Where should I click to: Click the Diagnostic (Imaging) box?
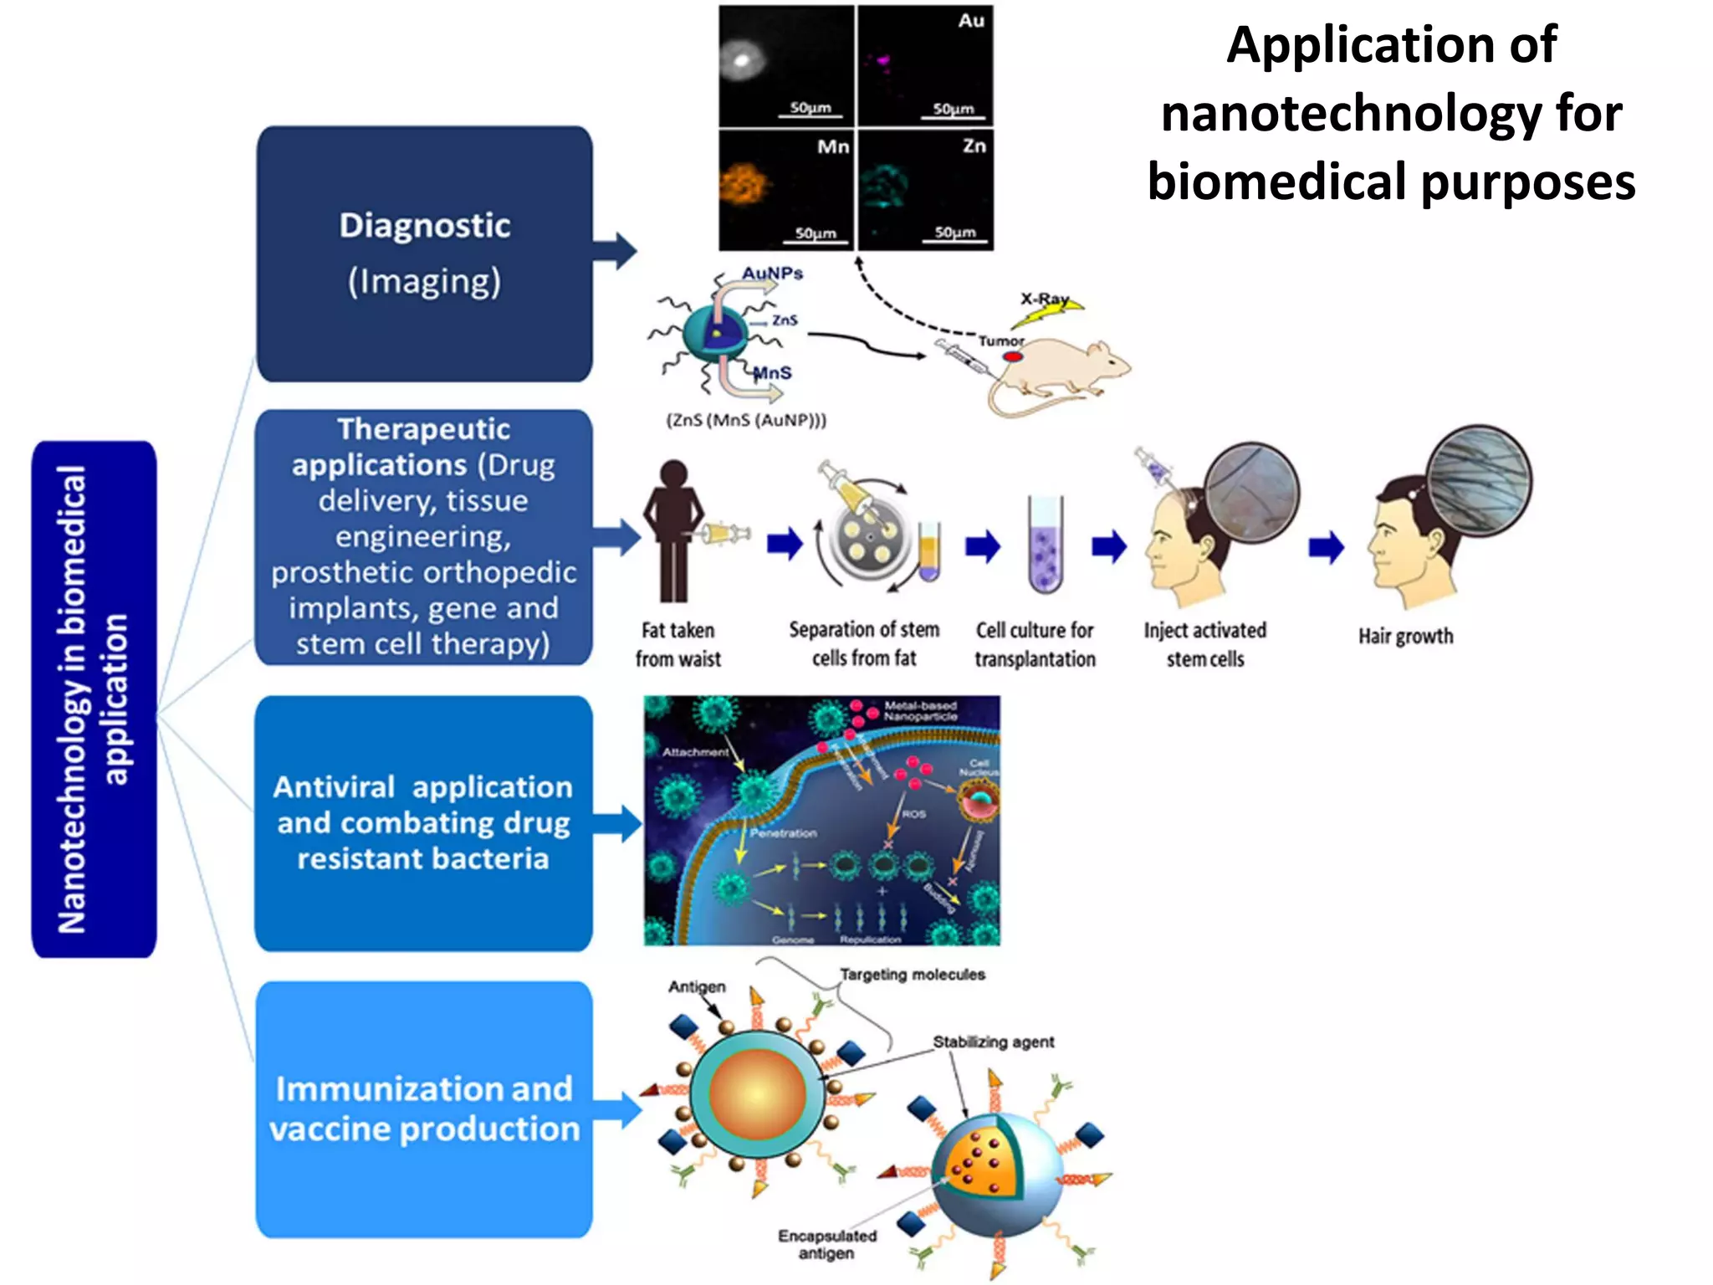click(x=424, y=253)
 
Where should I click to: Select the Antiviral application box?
click(x=423, y=823)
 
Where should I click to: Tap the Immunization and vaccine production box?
click(x=423, y=1108)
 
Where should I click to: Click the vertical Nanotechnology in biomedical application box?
click(x=94, y=699)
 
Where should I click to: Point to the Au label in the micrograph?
click(x=970, y=20)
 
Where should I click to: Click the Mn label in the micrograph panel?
click(x=832, y=146)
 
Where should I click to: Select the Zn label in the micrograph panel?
click(x=974, y=146)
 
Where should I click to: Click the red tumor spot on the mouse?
click(x=1012, y=356)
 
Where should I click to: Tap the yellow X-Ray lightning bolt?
click(x=1046, y=314)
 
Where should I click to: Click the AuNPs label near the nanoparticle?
click(x=772, y=273)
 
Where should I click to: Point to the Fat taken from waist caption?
click(x=678, y=644)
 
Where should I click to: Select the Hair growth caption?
click(x=1405, y=636)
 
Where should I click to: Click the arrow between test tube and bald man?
click(x=1109, y=547)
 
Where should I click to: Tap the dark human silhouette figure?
click(x=673, y=531)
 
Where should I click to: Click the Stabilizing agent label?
click(x=993, y=1042)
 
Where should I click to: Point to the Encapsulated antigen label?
click(x=826, y=1244)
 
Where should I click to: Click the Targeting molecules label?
click(x=912, y=974)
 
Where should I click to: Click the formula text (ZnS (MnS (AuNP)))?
click(x=745, y=420)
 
